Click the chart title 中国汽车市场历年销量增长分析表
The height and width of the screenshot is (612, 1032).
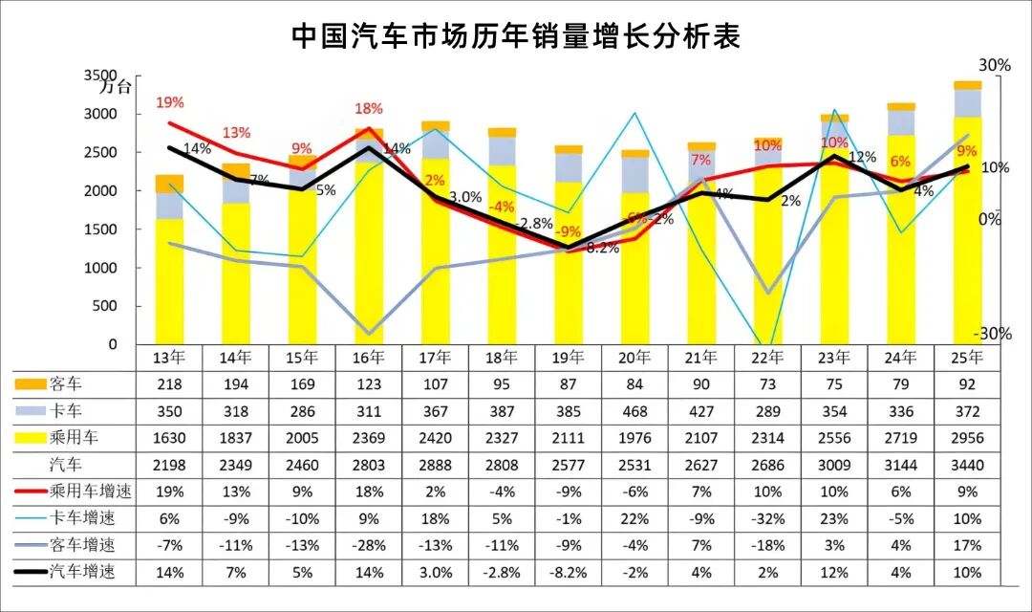pos(516,36)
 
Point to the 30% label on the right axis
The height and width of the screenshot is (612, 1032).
pos(994,65)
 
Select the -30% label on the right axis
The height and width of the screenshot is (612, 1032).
pos(993,334)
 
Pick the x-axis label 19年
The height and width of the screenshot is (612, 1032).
pos(569,358)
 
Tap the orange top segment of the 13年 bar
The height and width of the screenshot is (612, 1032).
pos(170,184)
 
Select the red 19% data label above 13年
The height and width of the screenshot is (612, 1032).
pos(170,102)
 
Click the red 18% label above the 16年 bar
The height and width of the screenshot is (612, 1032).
pos(368,108)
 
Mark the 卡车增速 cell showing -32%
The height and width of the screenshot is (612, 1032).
pos(767,518)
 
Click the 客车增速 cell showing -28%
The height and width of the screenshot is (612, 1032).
pos(369,546)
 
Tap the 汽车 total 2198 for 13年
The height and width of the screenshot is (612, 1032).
pos(170,465)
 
